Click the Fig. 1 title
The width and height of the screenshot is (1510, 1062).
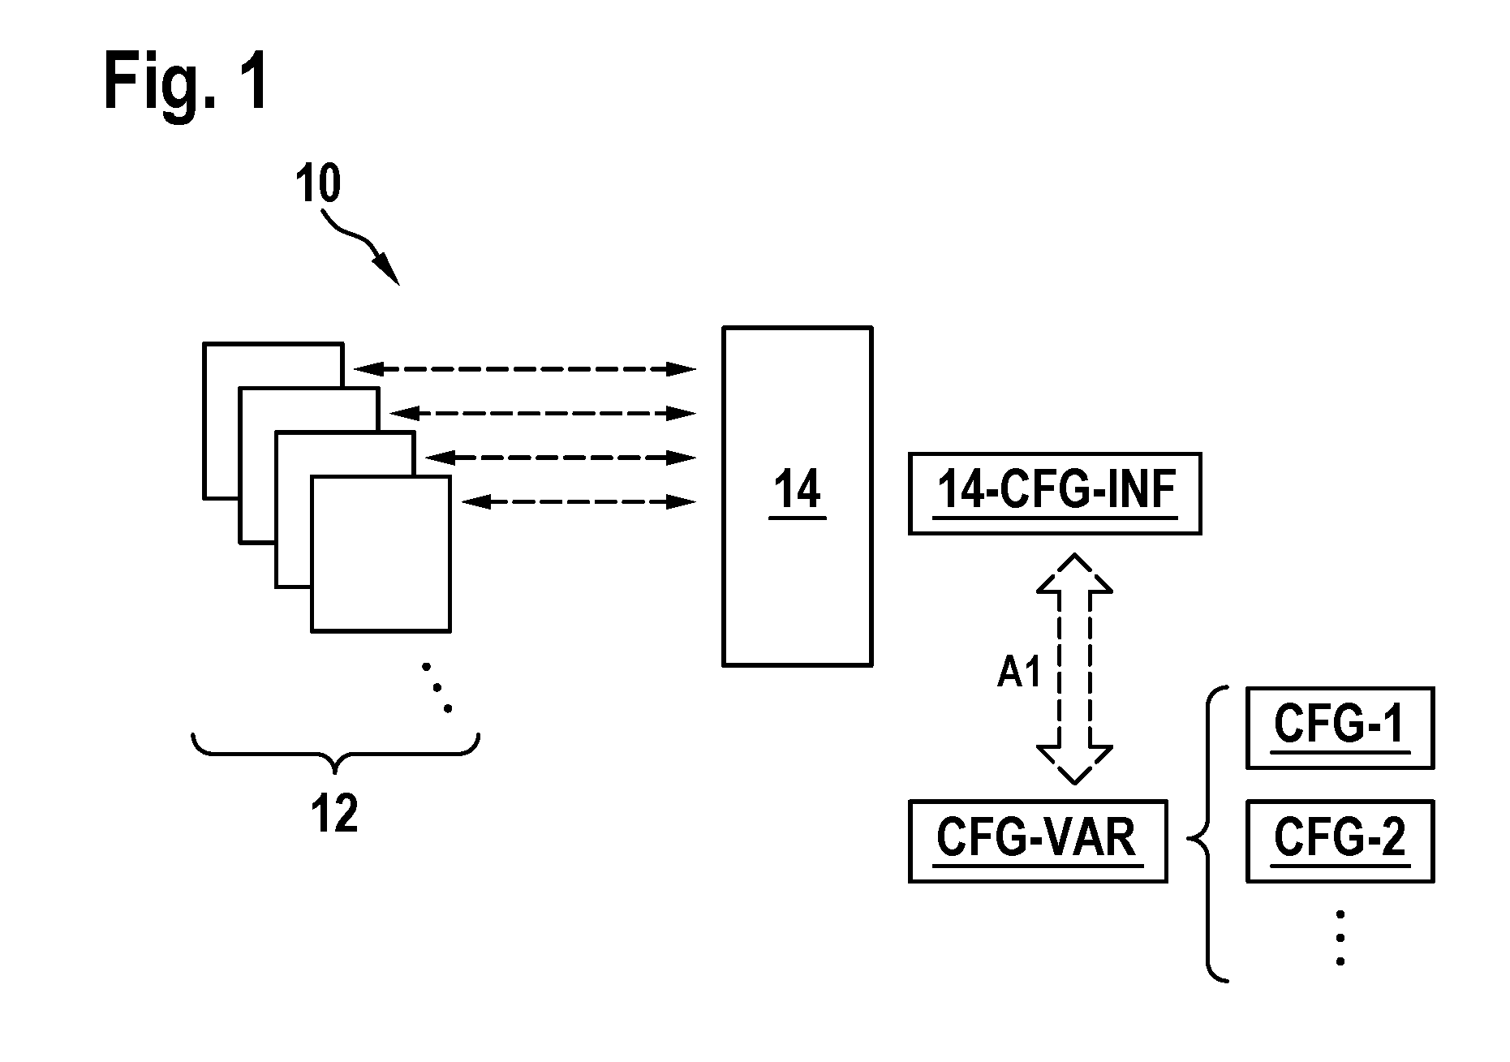186,82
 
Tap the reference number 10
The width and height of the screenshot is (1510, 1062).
318,184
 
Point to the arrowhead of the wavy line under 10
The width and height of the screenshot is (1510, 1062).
389,271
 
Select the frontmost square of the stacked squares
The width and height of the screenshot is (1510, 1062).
381,553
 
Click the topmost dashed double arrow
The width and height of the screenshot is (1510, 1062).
524,369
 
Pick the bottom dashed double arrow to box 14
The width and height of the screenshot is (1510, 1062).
579,502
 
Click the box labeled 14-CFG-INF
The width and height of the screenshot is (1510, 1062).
1054,493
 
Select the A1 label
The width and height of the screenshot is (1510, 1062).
1019,672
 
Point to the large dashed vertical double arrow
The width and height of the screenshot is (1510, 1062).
1074,669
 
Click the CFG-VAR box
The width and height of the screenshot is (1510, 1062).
1038,841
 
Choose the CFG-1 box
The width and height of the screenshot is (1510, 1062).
1340,728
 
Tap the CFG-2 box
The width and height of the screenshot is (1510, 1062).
1340,841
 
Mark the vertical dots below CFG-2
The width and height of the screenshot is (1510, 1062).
1340,938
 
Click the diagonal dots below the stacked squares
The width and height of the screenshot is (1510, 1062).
437,688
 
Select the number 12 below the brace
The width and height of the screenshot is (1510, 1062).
334,814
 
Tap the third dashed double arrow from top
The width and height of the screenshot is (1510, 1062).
561,458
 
